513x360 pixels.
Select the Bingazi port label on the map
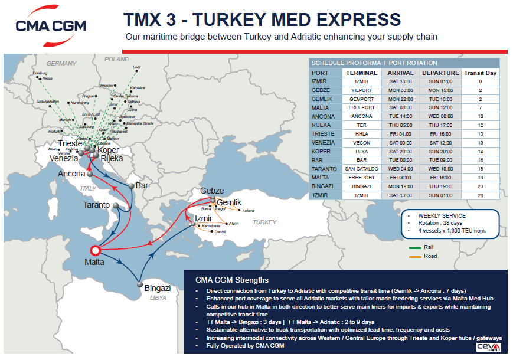pyautogui.click(x=157, y=288)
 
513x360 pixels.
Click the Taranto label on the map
pyautogui.click(x=96, y=205)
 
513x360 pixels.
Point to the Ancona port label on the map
pyautogui.click(x=71, y=174)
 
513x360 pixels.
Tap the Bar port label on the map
pyautogui.click(x=142, y=185)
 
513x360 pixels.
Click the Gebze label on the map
pyautogui.click(x=212, y=191)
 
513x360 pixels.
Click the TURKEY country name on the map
pyautogui.click(x=264, y=222)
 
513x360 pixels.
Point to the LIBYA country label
pyautogui.click(x=158, y=298)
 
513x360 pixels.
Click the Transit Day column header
pyautogui.click(x=480, y=73)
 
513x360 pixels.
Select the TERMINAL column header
pyautogui.click(x=361, y=73)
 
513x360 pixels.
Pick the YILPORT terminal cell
pyautogui.click(x=361, y=90)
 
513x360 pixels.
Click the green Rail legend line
pyautogui.click(x=416, y=248)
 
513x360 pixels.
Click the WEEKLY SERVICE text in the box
pyautogui.click(x=442, y=216)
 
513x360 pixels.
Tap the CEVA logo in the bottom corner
pyautogui.click(x=489, y=346)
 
